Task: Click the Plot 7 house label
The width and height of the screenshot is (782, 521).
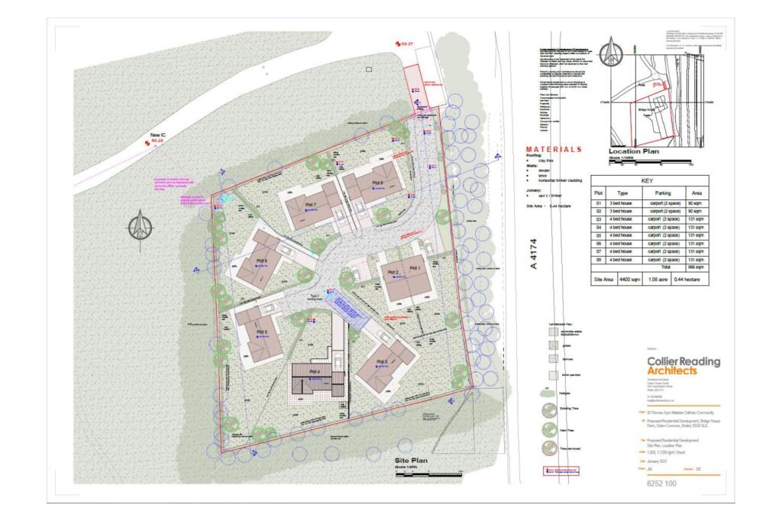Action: (311, 205)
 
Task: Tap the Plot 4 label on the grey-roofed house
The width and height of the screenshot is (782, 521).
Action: (314, 371)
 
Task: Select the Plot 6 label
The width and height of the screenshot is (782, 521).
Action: (261, 260)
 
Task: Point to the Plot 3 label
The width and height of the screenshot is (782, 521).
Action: (382, 361)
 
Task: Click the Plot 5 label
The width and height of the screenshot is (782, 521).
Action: (261, 332)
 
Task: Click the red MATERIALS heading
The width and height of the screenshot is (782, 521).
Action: (554, 149)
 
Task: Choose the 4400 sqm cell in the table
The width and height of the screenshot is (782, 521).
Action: (630, 280)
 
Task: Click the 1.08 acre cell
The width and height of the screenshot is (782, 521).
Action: (661, 280)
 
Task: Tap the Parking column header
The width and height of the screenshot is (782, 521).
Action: (660, 194)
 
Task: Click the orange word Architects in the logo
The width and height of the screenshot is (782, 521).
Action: (671, 371)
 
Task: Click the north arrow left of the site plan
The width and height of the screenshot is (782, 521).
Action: (137, 227)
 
